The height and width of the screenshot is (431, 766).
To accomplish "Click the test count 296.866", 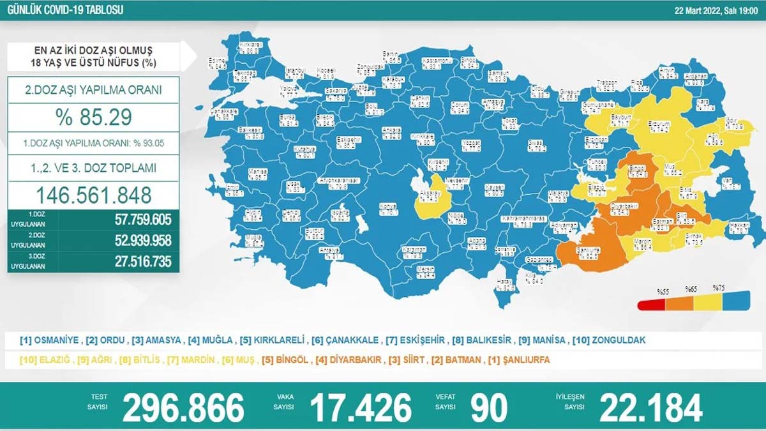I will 183,407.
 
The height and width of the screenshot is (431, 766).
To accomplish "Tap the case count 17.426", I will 361,407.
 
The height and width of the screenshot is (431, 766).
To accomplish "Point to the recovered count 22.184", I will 650,407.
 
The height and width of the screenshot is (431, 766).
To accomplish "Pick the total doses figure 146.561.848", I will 93,194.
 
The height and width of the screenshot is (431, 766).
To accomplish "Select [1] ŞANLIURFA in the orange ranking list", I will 518,360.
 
